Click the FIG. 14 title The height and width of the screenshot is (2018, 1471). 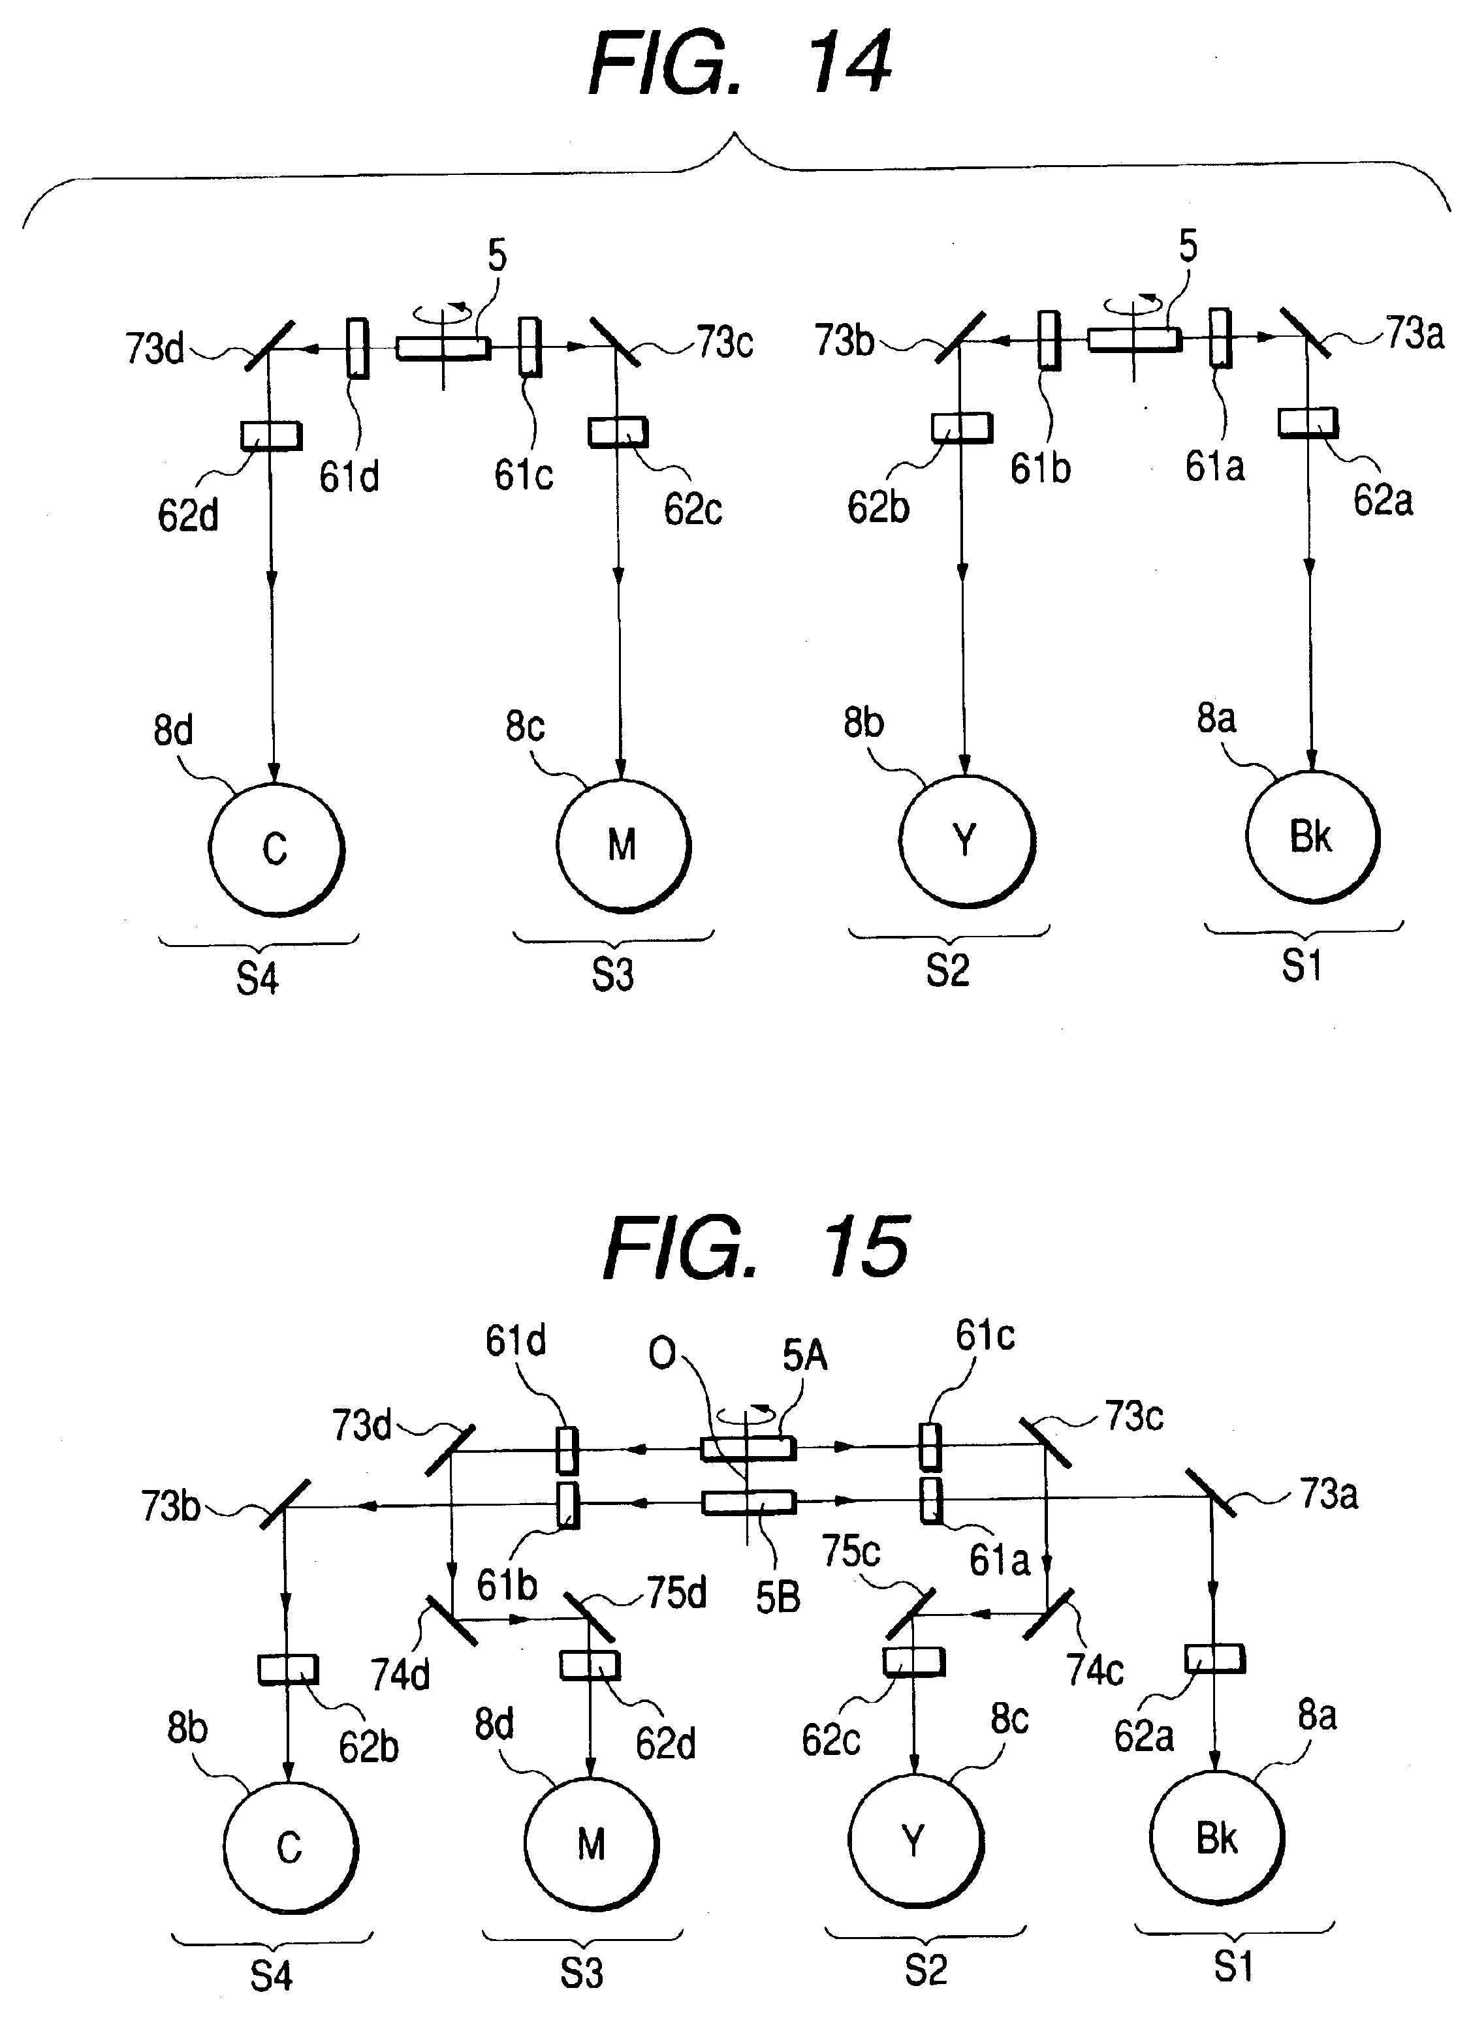(x=739, y=64)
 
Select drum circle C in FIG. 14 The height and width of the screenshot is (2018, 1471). (x=276, y=848)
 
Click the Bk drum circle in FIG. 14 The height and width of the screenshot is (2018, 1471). (x=1312, y=837)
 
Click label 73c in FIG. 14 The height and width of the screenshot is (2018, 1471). (x=724, y=343)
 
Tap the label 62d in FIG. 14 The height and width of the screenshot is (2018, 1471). (x=188, y=516)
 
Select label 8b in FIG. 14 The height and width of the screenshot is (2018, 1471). (x=864, y=722)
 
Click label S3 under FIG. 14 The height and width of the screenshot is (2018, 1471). (x=612, y=974)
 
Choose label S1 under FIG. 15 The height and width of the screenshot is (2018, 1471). (x=1233, y=1966)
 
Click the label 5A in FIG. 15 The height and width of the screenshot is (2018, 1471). (x=805, y=1356)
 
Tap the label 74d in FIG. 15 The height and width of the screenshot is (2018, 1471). (x=400, y=1675)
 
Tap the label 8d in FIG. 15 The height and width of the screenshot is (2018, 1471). (x=494, y=1724)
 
